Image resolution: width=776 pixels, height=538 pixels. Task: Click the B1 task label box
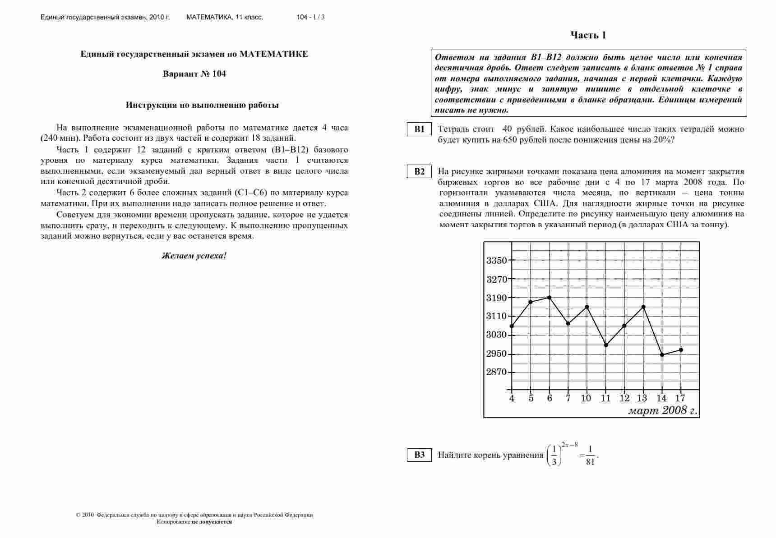point(419,129)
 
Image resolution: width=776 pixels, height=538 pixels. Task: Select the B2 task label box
point(419,171)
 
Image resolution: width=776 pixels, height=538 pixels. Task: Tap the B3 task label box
point(419,455)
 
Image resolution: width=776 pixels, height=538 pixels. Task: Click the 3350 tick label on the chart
point(496,261)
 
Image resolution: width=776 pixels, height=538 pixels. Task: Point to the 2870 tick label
point(496,372)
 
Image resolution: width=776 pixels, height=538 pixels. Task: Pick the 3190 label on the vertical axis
point(496,298)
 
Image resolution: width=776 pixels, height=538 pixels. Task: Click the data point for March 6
point(549,298)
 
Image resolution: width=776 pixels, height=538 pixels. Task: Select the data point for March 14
point(662,355)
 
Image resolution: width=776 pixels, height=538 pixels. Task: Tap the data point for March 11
point(606,345)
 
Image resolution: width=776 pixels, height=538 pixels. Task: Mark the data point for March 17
point(681,350)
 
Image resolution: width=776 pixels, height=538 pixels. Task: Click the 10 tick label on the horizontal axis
point(586,398)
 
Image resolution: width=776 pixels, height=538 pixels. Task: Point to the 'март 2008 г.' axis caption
point(662,410)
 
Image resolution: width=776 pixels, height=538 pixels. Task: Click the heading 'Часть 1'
point(588,35)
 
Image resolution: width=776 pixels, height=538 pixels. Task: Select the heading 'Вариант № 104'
point(194,74)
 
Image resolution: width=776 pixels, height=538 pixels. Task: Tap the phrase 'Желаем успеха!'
point(194,256)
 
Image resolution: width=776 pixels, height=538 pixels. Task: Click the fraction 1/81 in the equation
point(590,455)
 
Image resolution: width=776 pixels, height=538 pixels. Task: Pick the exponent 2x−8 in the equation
point(570,445)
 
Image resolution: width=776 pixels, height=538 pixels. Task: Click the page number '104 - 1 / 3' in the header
point(310,17)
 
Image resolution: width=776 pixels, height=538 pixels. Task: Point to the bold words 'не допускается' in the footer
point(212,522)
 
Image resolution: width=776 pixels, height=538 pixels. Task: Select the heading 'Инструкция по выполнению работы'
point(202,105)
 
